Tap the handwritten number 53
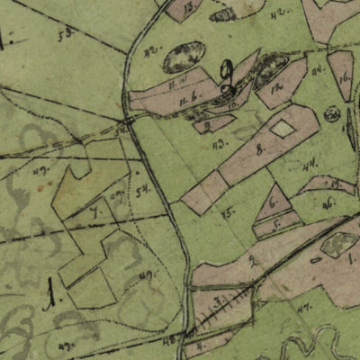pos(64,35)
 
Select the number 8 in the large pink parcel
pos(259,149)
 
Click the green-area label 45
pos(229,212)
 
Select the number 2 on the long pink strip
pos(254,261)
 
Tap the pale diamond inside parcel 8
pos(283,129)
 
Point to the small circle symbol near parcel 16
pos(331,113)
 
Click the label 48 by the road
pos(169,338)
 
